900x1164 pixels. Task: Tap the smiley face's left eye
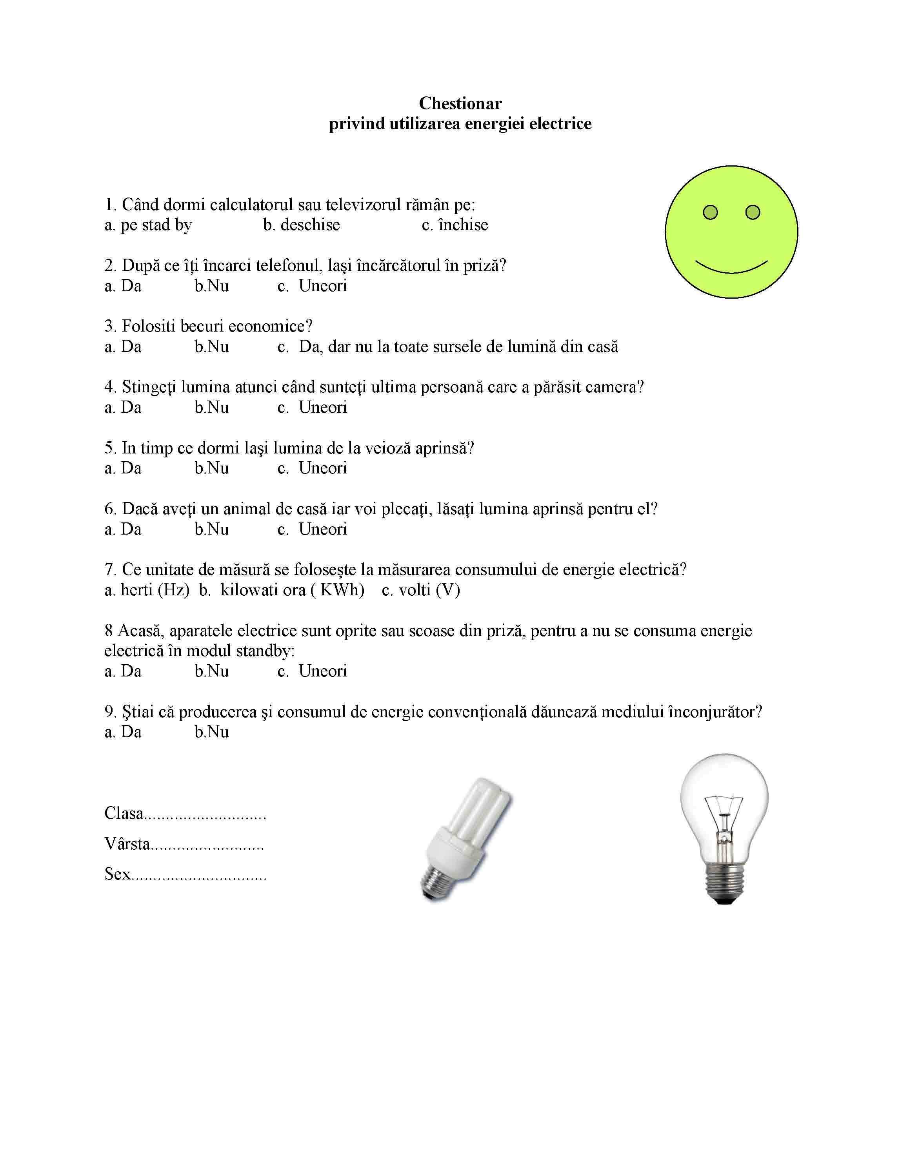click(710, 213)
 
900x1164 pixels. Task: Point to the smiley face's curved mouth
click(731, 268)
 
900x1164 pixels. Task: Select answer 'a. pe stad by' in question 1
click(148, 225)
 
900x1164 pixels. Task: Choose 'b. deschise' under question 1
click(301, 225)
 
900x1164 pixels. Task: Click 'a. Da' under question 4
click(123, 408)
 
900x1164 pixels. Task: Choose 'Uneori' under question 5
click(323, 468)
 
